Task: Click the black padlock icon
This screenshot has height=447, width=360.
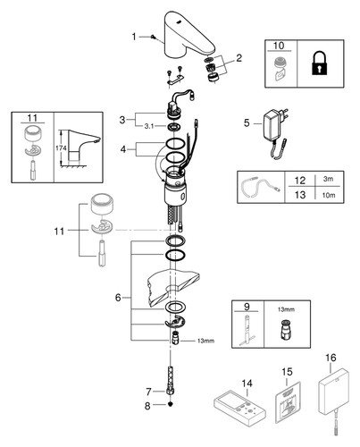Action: click(320, 63)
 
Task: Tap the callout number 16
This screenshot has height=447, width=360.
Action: click(331, 358)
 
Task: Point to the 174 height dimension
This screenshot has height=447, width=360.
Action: click(61, 148)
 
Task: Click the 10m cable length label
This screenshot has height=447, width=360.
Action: click(329, 195)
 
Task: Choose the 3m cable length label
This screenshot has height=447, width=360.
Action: click(328, 179)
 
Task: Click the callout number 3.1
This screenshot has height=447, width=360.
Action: click(149, 126)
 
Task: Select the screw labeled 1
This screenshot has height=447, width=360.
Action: click(153, 37)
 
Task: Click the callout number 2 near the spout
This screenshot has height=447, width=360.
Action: click(239, 58)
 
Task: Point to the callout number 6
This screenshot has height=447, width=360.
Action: click(118, 298)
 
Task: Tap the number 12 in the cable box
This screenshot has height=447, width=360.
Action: click(300, 181)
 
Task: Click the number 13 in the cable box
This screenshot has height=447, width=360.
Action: click(300, 195)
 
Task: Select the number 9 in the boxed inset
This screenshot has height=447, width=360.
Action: click(247, 307)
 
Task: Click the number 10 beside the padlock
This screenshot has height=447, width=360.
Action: click(279, 46)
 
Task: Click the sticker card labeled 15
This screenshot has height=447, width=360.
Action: click(287, 402)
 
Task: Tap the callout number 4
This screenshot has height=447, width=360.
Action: click(123, 149)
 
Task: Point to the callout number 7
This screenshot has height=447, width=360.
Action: click(148, 392)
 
